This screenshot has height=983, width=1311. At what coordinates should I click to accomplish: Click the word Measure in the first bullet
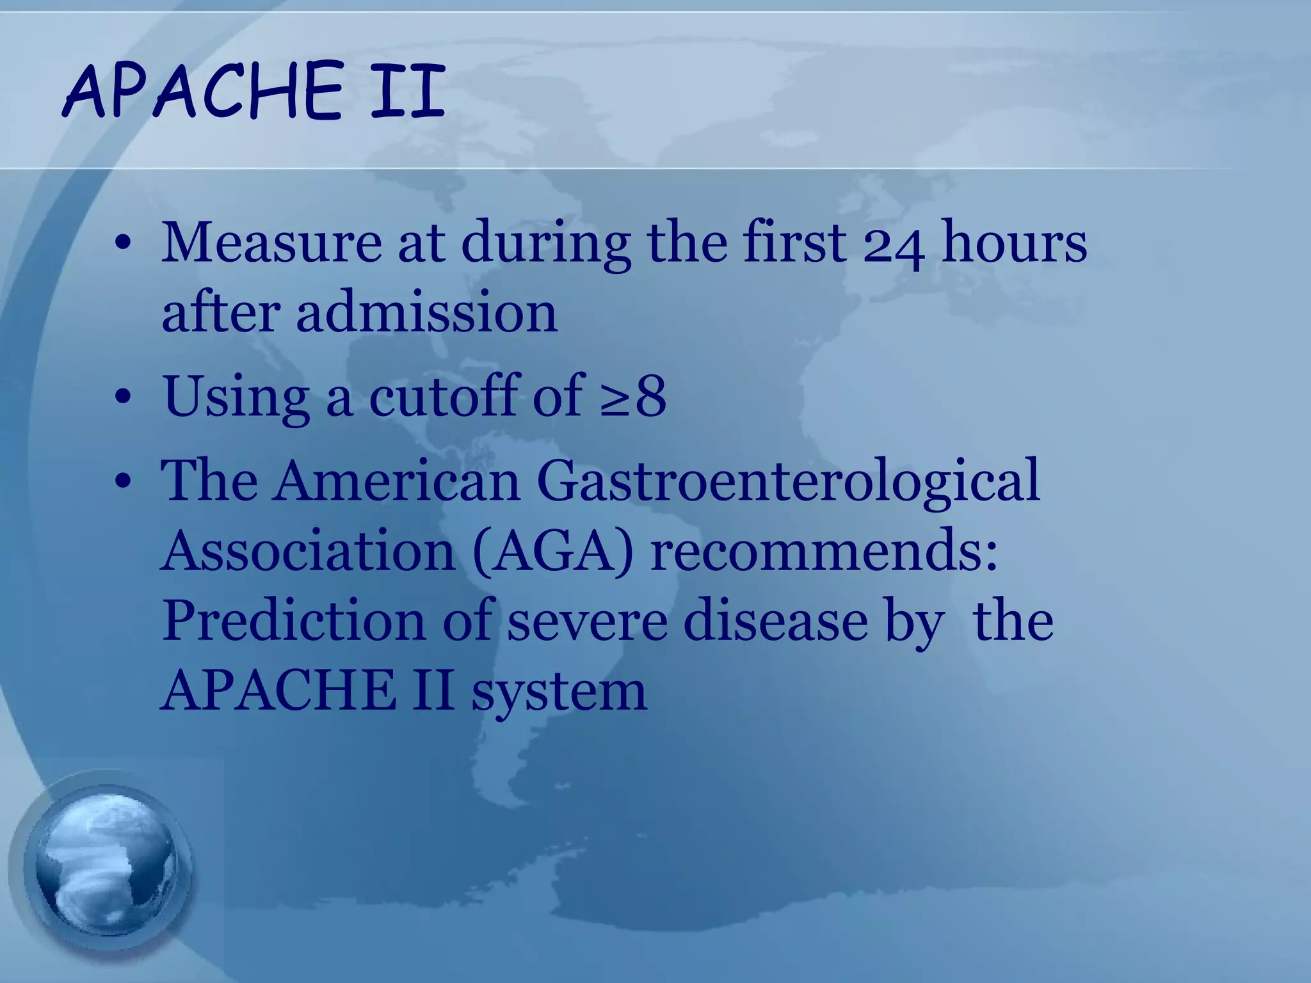[x=271, y=243]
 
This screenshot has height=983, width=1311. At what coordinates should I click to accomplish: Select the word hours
[x=1014, y=243]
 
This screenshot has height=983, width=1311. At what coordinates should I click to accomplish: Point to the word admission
[x=426, y=312]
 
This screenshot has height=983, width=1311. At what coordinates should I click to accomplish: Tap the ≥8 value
[x=633, y=396]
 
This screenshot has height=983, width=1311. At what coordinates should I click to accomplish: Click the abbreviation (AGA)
[x=553, y=551]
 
